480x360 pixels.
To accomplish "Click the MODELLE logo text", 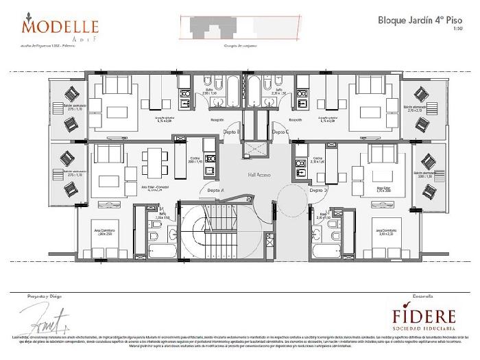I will click(60, 25).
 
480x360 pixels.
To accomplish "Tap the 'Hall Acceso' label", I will click(259, 176).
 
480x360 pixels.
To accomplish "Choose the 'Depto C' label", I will click(280, 131).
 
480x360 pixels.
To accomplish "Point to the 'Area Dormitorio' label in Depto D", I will click(386, 231).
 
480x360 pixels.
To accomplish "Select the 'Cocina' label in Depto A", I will click(194, 160).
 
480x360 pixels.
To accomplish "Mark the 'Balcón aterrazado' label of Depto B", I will click(72, 108).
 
